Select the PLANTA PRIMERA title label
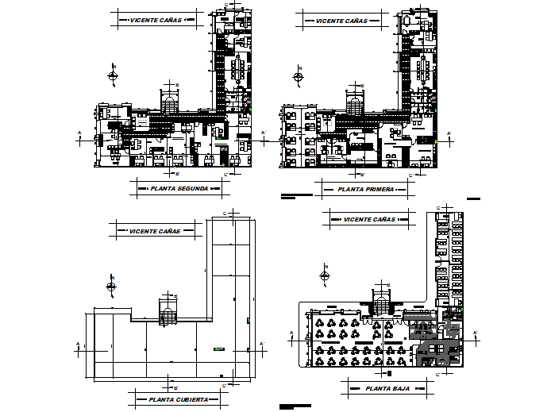[x=364, y=190]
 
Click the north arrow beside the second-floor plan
[x=114, y=76]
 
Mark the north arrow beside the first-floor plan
[x=299, y=77]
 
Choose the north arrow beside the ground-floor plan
[x=324, y=275]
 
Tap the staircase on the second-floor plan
[x=170, y=103]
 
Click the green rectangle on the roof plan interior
[x=219, y=348]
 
